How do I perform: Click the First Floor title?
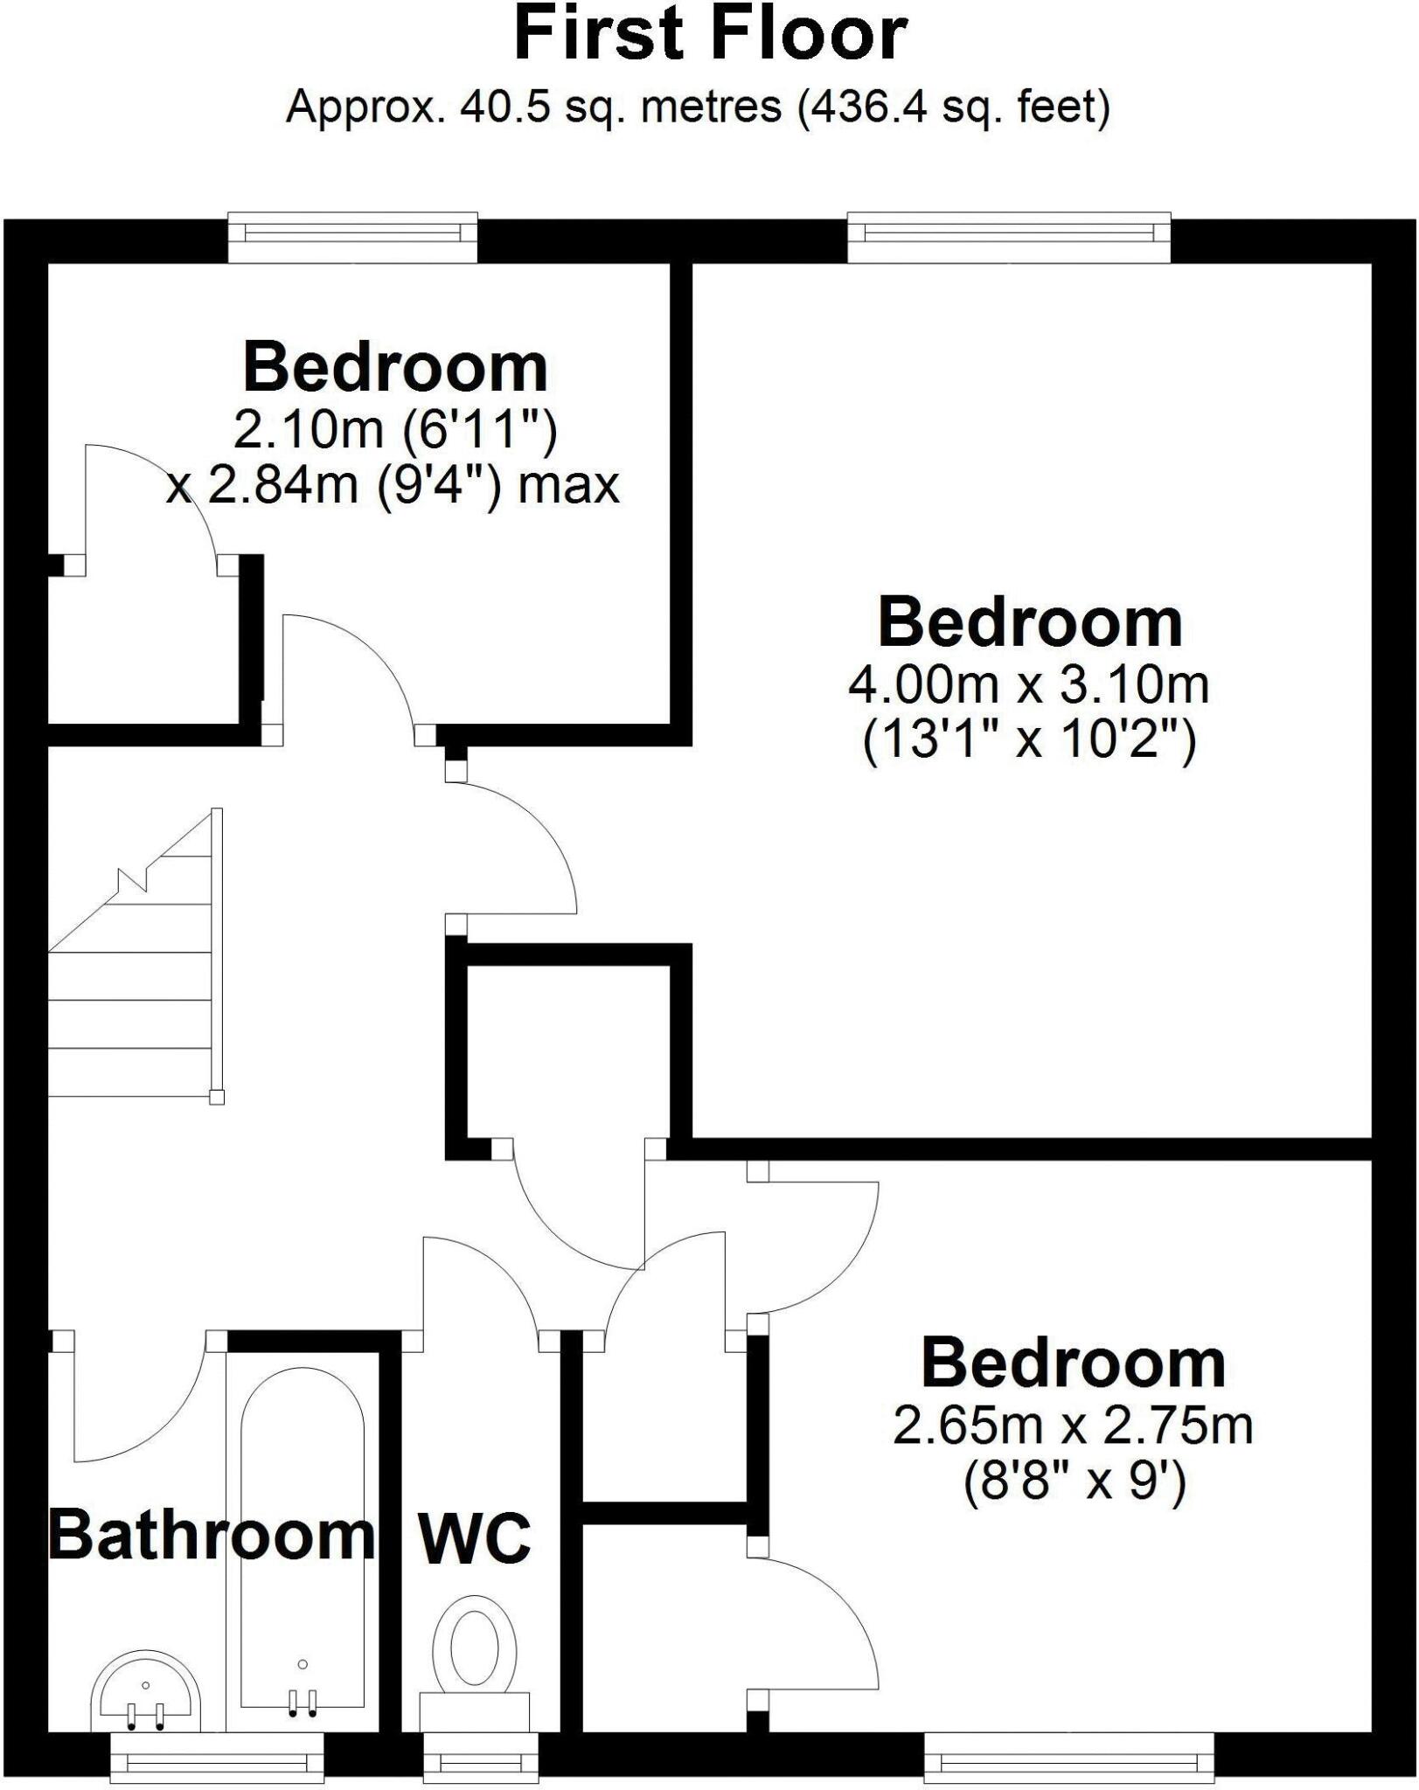(x=710, y=35)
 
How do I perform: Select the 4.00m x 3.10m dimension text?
(x=1029, y=684)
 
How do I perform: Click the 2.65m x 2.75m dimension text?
(x=1073, y=1426)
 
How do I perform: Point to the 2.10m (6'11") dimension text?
(x=395, y=430)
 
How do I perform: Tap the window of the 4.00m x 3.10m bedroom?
(x=1009, y=236)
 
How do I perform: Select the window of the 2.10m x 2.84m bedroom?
(x=353, y=236)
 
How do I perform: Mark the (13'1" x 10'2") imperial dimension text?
(x=1029, y=741)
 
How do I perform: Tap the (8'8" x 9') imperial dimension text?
(x=1075, y=1482)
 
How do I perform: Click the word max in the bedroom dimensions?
(x=568, y=486)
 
